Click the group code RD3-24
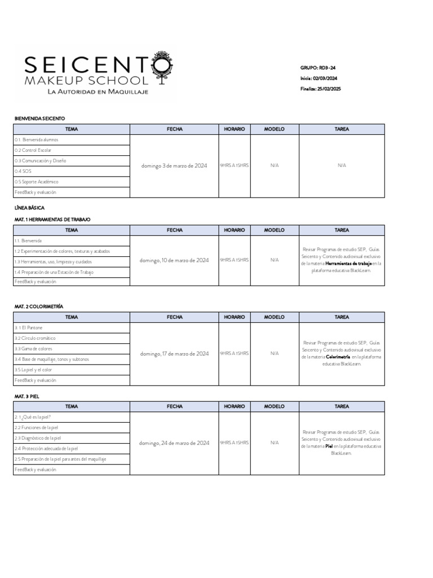click(327, 68)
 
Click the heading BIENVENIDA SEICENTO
click(39, 119)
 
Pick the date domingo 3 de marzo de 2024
click(174, 166)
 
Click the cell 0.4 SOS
click(23, 171)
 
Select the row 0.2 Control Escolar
click(33, 150)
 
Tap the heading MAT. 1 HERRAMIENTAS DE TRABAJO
click(52, 219)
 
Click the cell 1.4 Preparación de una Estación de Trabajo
click(54, 272)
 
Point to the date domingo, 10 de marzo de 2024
click(174, 260)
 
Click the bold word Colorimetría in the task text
click(338, 357)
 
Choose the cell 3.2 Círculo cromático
click(35, 338)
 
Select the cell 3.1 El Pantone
click(29, 327)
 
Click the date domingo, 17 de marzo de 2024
click(174, 354)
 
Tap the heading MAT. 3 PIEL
click(26, 396)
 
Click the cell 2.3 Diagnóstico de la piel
click(37, 438)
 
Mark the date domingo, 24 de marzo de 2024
click(174, 443)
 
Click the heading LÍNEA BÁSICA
click(29, 208)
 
